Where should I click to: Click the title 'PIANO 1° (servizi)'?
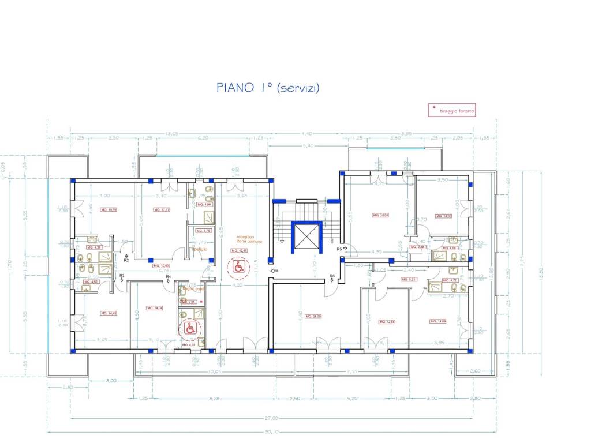click(x=268, y=88)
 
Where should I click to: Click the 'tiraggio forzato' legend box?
click(x=452, y=110)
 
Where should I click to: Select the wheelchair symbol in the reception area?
click(x=238, y=266)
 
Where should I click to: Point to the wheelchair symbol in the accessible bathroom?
click(x=190, y=329)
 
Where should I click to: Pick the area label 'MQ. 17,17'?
click(x=161, y=210)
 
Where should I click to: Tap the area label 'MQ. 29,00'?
click(x=380, y=215)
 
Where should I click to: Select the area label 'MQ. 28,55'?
click(x=313, y=316)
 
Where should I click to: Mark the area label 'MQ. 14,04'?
click(x=155, y=308)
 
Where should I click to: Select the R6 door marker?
click(x=332, y=276)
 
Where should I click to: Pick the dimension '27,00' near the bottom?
click(x=272, y=418)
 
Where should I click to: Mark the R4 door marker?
click(x=169, y=277)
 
